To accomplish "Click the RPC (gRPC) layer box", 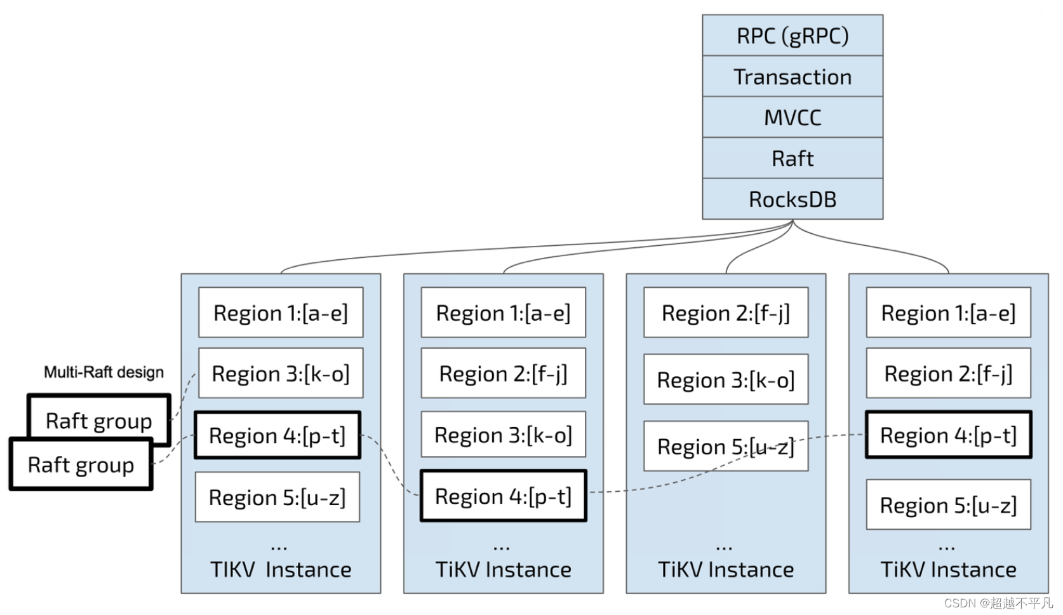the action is (792, 35).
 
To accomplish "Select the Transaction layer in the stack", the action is (792, 76).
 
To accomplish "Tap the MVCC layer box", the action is (792, 118).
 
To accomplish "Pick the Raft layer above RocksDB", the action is (792, 158).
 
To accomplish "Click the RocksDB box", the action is (792, 199).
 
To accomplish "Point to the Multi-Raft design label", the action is (104, 372).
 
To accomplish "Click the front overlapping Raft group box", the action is (81, 464).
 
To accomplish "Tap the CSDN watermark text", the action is (998, 603).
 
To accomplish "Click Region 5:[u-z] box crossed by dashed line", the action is (726, 446).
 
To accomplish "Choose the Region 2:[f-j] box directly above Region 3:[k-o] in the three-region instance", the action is (726, 313).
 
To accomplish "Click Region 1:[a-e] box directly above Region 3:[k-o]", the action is (281, 313).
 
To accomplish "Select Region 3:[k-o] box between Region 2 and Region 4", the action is (504, 435).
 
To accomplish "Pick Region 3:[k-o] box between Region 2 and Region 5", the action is (726, 379).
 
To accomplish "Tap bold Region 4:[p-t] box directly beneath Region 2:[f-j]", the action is (949, 435).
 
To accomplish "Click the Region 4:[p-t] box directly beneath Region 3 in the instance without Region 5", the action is (504, 496).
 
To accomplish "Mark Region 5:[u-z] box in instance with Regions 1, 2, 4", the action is (949, 504).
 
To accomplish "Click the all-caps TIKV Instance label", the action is (281, 569).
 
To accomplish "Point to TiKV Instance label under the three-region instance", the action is (726, 569).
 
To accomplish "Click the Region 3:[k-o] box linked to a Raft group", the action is (281, 374).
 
